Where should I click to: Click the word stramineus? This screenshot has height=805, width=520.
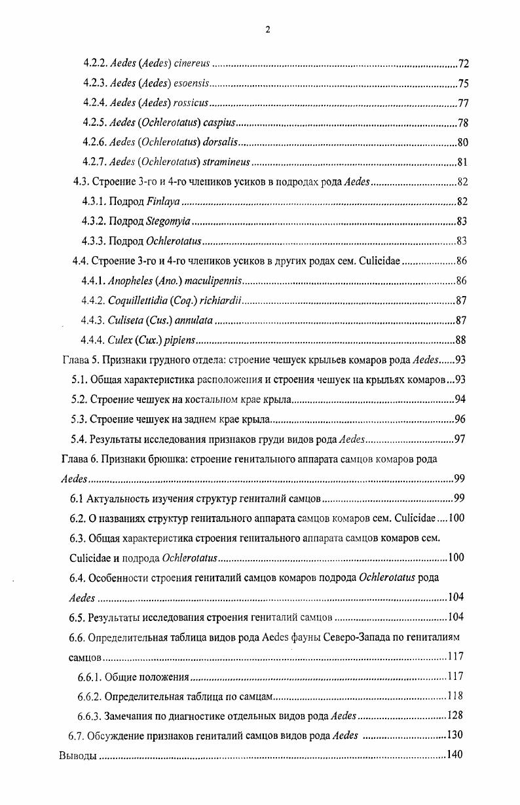[x=227, y=162]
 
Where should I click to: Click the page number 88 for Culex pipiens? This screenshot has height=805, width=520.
[x=461, y=340]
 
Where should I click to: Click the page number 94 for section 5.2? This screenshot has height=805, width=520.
[x=460, y=400]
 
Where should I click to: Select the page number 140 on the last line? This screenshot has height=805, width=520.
[x=455, y=755]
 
